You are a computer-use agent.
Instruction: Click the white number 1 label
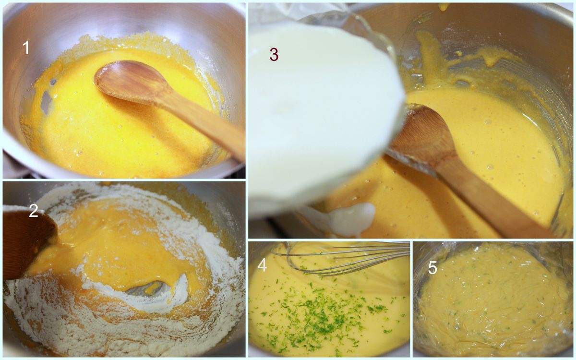[x=26, y=48]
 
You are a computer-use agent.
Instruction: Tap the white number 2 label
[x=34, y=211]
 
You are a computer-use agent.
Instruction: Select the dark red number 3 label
[x=274, y=55]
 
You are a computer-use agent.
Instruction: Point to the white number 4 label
[x=262, y=265]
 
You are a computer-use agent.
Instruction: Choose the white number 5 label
[x=432, y=268]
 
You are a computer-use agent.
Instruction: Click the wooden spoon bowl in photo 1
[x=131, y=81]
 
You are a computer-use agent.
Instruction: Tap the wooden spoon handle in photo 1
[x=203, y=126]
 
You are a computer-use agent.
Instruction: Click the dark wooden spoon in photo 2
[x=28, y=244]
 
